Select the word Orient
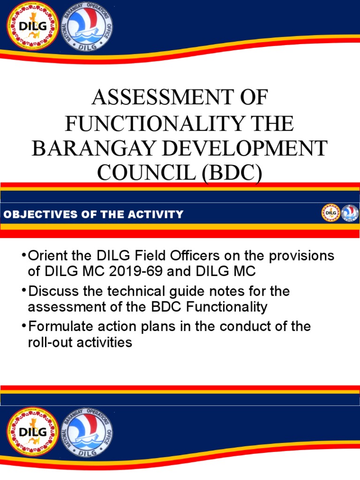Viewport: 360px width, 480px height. [47, 256]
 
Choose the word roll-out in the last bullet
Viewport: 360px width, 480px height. [49, 342]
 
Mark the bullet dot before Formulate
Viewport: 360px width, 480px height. [23, 326]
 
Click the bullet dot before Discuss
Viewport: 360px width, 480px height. [23, 291]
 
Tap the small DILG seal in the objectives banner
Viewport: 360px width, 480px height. [330, 213]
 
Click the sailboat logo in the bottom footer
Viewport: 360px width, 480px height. [87, 432]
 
